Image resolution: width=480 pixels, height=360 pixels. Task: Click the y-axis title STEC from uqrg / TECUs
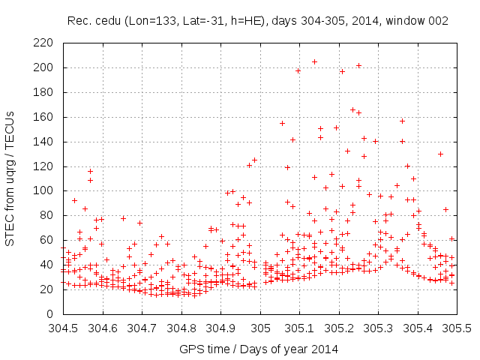coord(13,178)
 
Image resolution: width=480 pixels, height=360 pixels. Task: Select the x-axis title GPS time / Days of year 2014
coord(259,349)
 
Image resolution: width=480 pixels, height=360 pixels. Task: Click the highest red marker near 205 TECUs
coord(314,61)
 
